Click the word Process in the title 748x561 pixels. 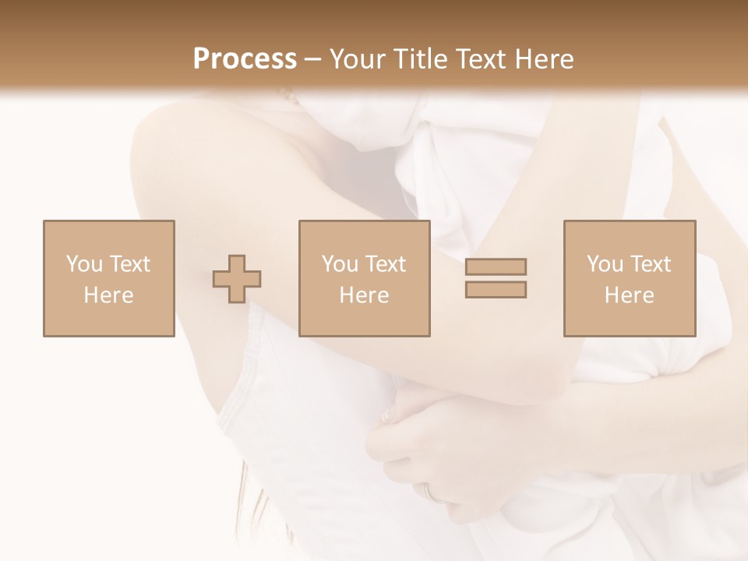[x=245, y=58]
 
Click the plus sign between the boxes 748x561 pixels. [x=237, y=279]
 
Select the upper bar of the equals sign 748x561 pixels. [x=496, y=266]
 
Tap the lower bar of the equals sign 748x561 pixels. [x=496, y=289]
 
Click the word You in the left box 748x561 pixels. [x=84, y=263]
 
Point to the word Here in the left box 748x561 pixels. [x=108, y=295]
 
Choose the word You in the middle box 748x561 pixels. [x=340, y=263]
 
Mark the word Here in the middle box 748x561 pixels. [x=364, y=295]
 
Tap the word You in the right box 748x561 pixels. [x=605, y=263]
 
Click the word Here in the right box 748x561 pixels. [x=629, y=295]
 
